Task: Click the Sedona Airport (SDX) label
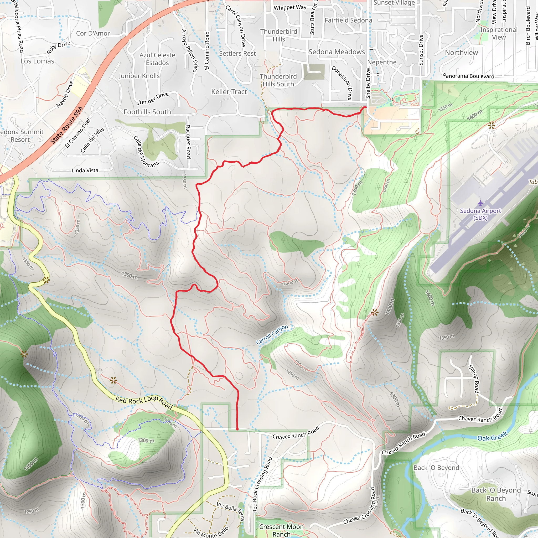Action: [480, 214]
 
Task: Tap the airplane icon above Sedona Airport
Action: [480, 203]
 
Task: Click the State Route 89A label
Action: [67, 125]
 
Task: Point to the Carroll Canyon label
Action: [272, 334]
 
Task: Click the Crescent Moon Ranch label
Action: [281, 530]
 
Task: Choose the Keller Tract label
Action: [229, 92]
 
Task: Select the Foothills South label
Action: [147, 112]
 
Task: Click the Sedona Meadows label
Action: [337, 52]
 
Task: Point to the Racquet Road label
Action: [188, 142]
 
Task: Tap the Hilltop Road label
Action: [474, 379]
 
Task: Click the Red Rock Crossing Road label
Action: [262, 484]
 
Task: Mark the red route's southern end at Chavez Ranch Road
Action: [237, 429]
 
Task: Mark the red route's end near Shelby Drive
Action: [365, 107]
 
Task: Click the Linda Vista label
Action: [85, 170]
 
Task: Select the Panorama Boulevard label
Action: [468, 76]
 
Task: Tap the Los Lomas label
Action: [37, 61]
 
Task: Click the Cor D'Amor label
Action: [93, 33]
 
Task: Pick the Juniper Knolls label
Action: [139, 76]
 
